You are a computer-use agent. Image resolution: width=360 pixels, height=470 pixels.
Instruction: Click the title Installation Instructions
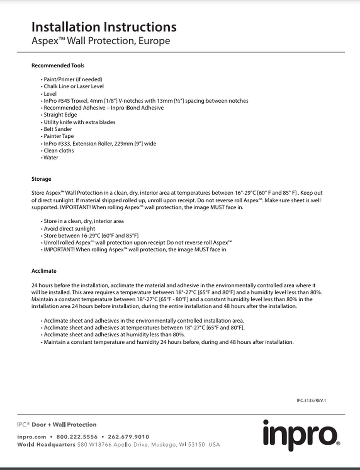pos(104,27)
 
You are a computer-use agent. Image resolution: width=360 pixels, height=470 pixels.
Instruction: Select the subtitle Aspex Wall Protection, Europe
pos(101,41)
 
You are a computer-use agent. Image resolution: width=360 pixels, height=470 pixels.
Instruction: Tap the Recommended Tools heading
pos(58,66)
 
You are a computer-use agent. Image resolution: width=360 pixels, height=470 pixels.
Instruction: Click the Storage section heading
pos(41,179)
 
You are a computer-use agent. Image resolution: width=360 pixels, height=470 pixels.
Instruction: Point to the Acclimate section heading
pos(44,271)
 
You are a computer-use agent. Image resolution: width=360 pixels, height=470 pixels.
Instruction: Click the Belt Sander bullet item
pos(58,129)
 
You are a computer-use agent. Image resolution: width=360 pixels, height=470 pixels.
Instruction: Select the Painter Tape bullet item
pos(59,136)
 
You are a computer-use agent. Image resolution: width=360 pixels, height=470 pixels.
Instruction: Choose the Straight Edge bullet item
pos(60,115)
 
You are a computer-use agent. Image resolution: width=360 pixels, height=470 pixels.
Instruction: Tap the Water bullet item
pos(51,158)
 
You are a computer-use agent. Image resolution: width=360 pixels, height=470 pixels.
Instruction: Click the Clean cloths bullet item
pos(59,151)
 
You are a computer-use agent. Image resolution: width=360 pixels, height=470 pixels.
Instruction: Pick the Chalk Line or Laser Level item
pos(74,86)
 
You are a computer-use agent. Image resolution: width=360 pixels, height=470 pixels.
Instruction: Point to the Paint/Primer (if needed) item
pos(73,79)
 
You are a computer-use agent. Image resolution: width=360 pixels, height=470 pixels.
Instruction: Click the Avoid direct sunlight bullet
pos(69,229)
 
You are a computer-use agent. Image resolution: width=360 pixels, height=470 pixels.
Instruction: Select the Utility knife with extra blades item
pos(79,122)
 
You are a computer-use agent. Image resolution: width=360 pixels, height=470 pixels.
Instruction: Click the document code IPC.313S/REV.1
pos(311,400)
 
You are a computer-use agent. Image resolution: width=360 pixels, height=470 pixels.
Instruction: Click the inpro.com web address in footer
pos(31,437)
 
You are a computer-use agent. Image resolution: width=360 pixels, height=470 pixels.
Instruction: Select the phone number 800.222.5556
pos(77,437)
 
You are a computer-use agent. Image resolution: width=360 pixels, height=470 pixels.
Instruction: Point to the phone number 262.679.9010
pos(128,437)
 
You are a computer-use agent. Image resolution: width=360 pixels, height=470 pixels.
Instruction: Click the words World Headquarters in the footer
pos(46,445)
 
